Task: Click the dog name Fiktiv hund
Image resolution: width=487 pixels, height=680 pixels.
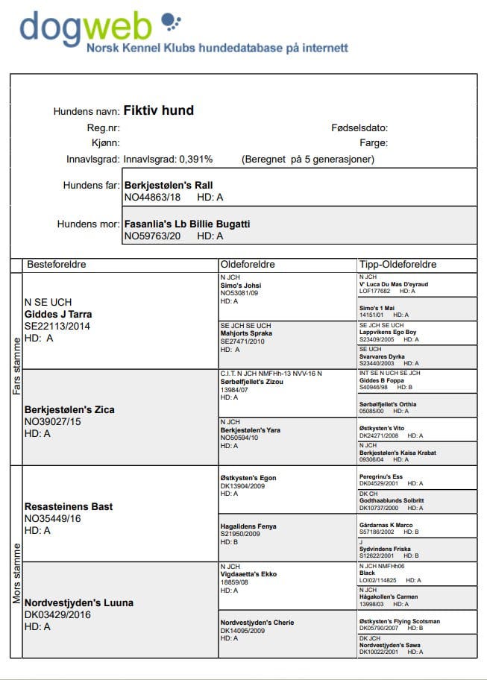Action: [x=158, y=111]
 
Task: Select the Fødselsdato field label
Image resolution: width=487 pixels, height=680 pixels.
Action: [x=359, y=128]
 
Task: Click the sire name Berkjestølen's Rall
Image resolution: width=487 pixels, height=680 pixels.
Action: [x=174, y=185]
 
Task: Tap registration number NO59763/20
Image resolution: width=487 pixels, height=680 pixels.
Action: [x=152, y=236]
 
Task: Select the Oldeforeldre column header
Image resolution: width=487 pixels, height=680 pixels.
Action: [x=248, y=265]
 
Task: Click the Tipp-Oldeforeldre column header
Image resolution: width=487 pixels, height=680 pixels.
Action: [x=398, y=265]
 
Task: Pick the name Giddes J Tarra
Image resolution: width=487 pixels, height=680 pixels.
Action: [x=59, y=314]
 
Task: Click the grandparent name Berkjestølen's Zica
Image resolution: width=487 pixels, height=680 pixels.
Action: [x=69, y=409]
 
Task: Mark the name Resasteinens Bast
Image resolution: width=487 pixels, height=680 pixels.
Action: [x=69, y=506]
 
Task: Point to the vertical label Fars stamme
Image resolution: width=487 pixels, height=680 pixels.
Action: [x=16, y=367]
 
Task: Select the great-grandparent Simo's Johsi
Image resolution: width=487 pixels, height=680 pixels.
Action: [x=241, y=285]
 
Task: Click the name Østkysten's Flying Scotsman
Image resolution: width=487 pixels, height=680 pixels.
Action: [x=399, y=621]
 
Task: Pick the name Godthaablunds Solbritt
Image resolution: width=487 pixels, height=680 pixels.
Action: [x=392, y=500]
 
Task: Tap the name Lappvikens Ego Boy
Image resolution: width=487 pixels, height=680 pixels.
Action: [x=388, y=332]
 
